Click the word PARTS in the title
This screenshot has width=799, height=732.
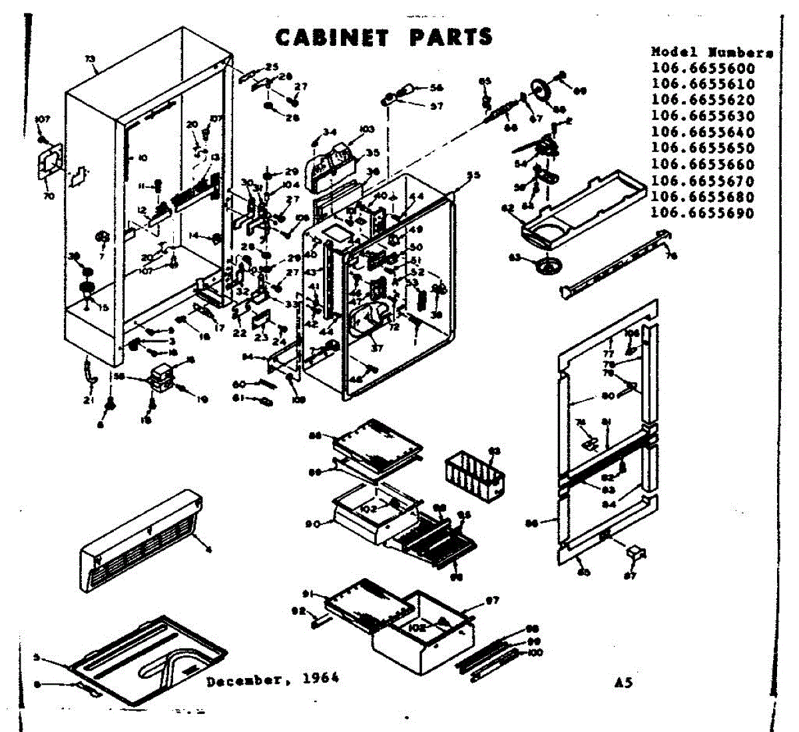coord(451,37)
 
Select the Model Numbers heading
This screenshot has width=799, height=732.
coord(712,52)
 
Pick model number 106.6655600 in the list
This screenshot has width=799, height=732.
coord(703,68)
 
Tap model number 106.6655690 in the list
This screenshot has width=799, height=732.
coord(703,213)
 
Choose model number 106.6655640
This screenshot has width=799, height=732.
coord(703,132)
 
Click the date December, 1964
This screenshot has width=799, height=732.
coord(272,679)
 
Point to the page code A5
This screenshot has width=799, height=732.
coord(624,683)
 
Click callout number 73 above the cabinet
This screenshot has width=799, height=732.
coord(91,59)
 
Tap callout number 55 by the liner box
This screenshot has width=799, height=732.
coord(473,176)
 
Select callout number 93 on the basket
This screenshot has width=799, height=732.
coord(494,452)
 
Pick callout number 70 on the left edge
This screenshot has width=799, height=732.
coord(49,196)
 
